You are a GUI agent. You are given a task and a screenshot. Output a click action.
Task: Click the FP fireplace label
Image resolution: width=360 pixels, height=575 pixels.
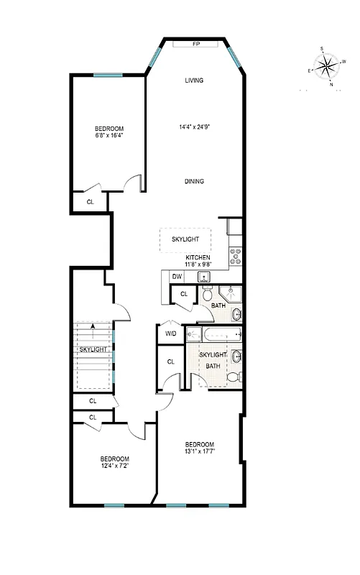click(195, 45)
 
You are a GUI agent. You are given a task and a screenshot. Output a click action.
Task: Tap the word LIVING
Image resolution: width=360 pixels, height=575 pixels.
click(194, 80)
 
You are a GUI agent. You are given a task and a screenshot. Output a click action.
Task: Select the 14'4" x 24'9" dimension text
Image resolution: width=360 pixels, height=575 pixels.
click(194, 128)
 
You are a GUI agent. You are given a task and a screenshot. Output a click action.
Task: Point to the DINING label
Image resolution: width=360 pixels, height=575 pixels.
click(193, 181)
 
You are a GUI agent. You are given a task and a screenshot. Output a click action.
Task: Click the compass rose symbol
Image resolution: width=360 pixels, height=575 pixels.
click(326, 69)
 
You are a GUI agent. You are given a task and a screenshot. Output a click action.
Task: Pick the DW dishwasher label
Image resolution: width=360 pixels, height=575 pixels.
click(177, 276)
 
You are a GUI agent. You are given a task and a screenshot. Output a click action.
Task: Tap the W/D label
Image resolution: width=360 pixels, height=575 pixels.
click(171, 333)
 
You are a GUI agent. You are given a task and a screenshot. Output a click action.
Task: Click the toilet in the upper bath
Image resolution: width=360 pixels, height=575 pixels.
click(207, 294)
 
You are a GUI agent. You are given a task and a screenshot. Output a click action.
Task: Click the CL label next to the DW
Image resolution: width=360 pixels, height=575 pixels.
click(184, 294)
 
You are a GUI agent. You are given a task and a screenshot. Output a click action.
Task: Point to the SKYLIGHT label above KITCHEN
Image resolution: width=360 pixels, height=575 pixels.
click(185, 239)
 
